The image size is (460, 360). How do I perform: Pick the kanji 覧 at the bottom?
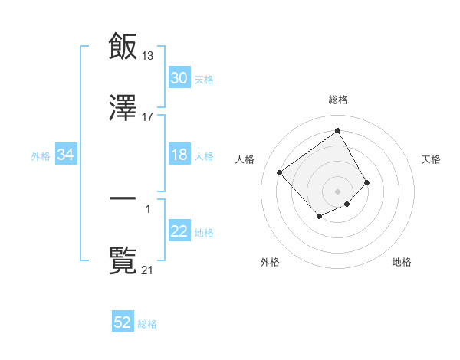click(x=123, y=260)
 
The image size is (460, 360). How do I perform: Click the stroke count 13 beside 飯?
click(x=148, y=55)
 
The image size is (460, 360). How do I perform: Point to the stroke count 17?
click(x=148, y=117)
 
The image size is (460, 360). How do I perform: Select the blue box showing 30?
click(x=179, y=78)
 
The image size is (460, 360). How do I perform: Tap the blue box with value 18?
click(x=179, y=155)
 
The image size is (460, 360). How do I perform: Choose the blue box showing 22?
click(x=179, y=231)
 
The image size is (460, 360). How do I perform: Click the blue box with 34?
click(x=66, y=155)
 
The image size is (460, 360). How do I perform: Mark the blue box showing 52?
click(x=123, y=322)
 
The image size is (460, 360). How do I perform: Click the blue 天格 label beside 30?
click(x=204, y=79)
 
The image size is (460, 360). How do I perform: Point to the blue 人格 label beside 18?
click(x=204, y=155)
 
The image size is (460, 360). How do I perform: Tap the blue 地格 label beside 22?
click(x=204, y=232)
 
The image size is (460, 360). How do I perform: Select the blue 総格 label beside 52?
click(x=147, y=323)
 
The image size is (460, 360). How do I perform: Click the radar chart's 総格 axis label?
click(x=337, y=100)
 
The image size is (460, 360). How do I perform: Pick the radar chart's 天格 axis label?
click(x=431, y=159)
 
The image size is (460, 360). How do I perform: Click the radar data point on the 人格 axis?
click(x=280, y=172)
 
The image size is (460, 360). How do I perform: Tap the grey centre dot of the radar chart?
click(x=337, y=191)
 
